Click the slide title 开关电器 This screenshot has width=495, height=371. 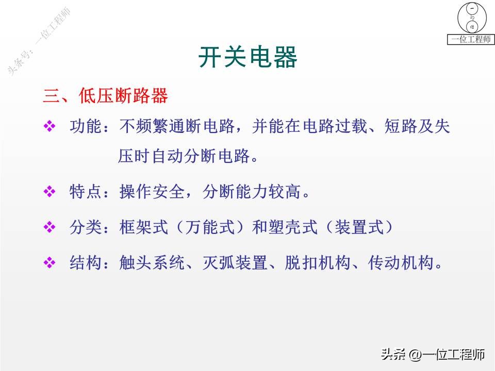pyautogui.click(x=247, y=58)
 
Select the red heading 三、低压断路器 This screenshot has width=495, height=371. pyautogui.click(x=106, y=96)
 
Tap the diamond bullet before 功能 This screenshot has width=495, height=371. pyautogui.click(x=49, y=127)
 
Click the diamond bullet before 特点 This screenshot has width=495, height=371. pyautogui.click(x=49, y=193)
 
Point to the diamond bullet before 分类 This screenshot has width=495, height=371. pyautogui.click(x=49, y=227)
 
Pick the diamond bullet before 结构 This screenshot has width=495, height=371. pyautogui.click(x=49, y=263)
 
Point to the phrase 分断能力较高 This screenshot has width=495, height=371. pyautogui.click(x=251, y=193)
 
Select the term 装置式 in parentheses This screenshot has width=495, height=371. pyautogui.click(x=359, y=227)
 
